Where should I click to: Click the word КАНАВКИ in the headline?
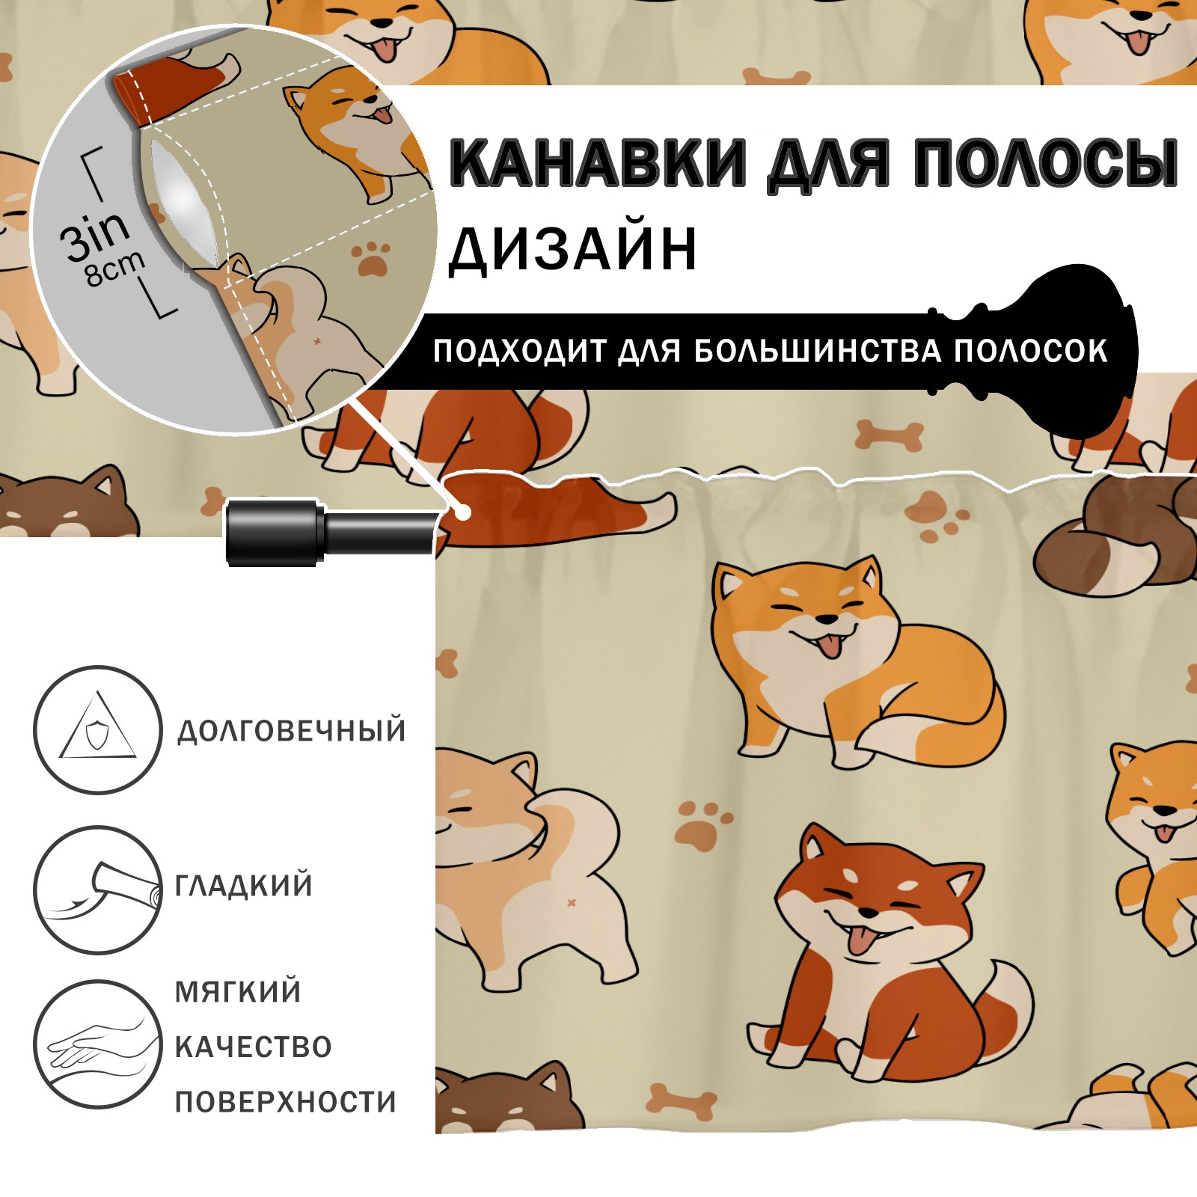(x=598, y=162)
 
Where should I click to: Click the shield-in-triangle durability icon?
(x=98, y=729)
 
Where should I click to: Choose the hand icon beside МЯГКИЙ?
(x=98, y=1044)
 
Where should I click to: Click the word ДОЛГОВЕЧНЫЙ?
(x=291, y=731)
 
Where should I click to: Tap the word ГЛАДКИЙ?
(x=244, y=886)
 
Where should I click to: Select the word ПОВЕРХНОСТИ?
(x=286, y=1102)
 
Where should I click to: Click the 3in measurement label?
(x=95, y=235)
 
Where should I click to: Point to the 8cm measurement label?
(x=114, y=269)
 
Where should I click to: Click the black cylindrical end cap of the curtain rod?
(x=275, y=531)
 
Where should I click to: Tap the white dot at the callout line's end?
(x=464, y=512)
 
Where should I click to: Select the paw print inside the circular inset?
(x=372, y=257)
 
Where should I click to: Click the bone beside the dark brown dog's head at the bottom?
(x=682, y=1100)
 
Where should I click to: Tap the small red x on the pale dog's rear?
(x=572, y=903)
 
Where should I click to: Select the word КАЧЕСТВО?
(x=254, y=1047)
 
